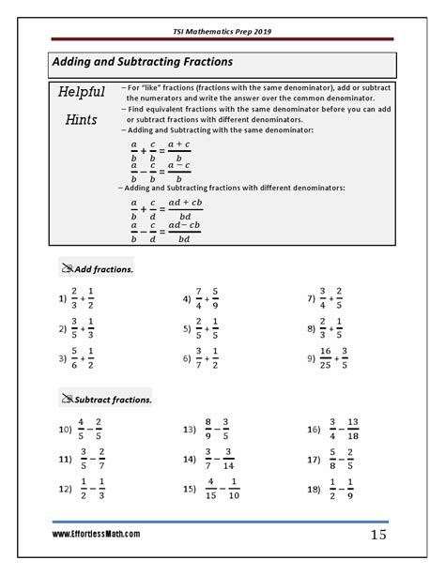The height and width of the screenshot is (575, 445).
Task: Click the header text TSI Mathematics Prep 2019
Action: click(x=222, y=30)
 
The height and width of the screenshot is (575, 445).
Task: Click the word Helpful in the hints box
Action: click(x=82, y=94)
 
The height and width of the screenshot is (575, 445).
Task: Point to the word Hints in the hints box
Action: click(x=82, y=120)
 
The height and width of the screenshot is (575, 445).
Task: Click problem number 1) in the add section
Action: click(x=62, y=299)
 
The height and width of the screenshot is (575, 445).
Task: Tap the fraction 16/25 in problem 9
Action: click(x=327, y=357)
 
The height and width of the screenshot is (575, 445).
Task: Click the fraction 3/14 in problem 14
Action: click(x=228, y=460)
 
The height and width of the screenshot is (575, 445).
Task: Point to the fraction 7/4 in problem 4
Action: click(x=199, y=299)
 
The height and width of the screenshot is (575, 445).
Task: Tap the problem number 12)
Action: click(x=65, y=489)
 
